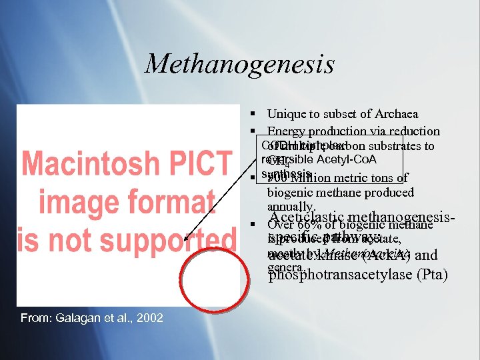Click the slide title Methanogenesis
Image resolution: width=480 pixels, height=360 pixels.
click(239, 64)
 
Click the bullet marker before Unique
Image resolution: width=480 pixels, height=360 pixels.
click(255, 115)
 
